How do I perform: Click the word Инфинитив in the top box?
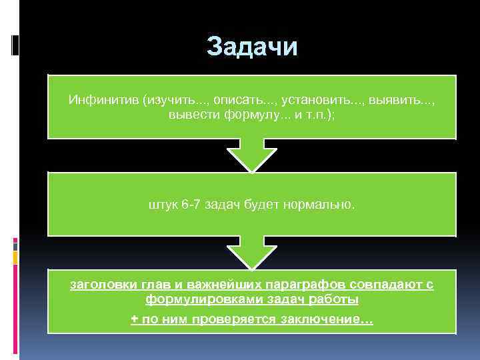102,100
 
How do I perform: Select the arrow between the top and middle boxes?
252,155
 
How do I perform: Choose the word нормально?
327,205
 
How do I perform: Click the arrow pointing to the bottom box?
252,253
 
